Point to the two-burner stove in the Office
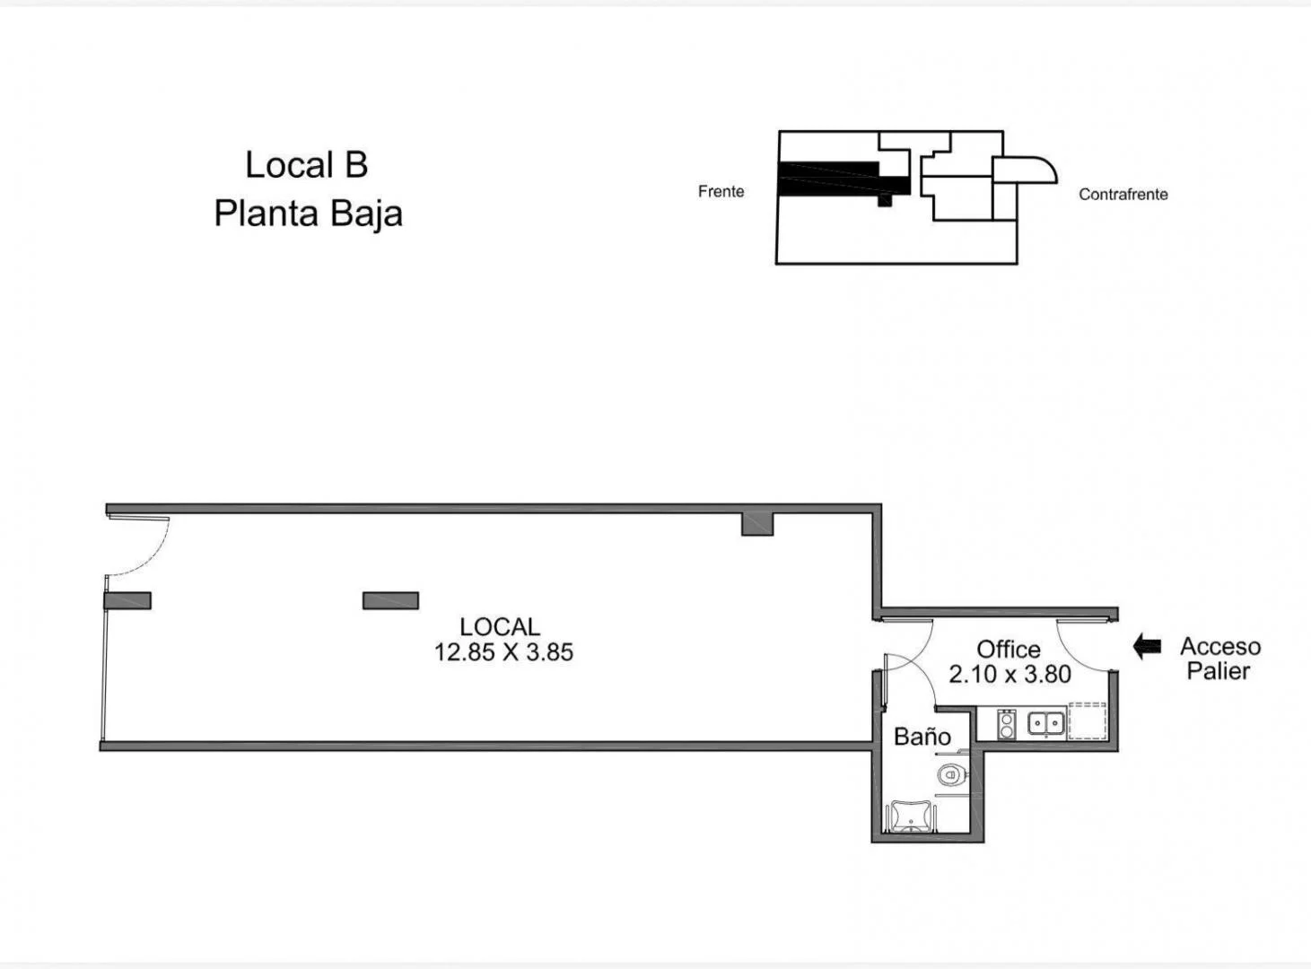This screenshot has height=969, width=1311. (x=1007, y=723)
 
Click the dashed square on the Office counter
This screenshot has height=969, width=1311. (x=1088, y=721)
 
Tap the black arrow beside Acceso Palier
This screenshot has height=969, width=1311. (x=1147, y=646)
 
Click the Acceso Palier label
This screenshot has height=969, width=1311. (x=1219, y=659)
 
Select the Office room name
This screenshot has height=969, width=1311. (x=1009, y=649)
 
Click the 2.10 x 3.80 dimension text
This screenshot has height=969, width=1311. (x=1010, y=674)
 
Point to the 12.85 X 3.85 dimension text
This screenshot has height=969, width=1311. (x=503, y=652)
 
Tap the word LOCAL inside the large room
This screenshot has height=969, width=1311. (x=500, y=626)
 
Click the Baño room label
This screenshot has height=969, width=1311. (x=922, y=737)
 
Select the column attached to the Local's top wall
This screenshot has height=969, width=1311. (x=757, y=523)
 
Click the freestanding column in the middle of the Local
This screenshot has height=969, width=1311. (x=390, y=600)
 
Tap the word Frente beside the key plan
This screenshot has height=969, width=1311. (x=721, y=191)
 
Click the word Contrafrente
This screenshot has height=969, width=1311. (x=1123, y=194)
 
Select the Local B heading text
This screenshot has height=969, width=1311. (x=307, y=165)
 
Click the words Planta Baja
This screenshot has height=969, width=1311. (x=308, y=214)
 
